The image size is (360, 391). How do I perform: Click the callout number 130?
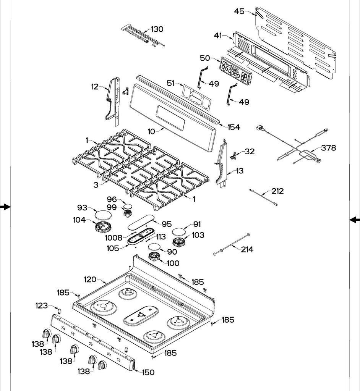(157, 29)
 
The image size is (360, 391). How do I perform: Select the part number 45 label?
(239, 11)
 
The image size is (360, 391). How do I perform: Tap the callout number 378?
(328, 148)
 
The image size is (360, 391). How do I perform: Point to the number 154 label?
(234, 127)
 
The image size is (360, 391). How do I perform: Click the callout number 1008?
(114, 238)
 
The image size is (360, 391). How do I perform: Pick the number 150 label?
(148, 372)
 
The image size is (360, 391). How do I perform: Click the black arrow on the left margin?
(5, 207)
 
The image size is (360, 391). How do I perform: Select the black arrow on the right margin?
(355, 219)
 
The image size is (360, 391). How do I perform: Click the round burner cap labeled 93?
(102, 215)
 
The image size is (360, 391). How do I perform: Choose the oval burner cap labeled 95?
(140, 222)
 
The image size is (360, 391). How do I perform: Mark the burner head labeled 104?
(102, 228)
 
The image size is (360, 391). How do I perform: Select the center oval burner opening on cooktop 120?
(141, 316)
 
